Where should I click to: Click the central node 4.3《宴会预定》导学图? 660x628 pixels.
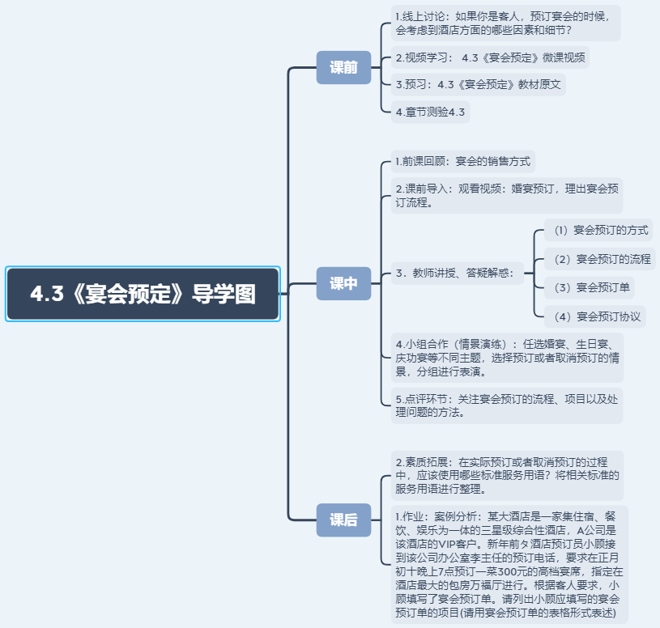(143, 294)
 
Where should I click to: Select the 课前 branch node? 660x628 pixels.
(343, 67)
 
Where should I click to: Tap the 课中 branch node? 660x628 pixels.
(343, 284)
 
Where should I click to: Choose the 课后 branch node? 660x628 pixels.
(343, 520)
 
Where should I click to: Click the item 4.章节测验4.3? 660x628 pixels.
(430, 112)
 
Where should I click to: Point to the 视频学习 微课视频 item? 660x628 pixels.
(492, 57)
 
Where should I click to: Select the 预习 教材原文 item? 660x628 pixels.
(479, 84)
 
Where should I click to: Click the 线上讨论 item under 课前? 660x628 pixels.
(505, 23)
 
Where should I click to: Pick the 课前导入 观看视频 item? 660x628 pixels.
(507, 195)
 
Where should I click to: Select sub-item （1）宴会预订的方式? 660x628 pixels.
(599, 230)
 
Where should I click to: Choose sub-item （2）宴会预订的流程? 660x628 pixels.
(600, 260)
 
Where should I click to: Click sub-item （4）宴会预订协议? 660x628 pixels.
(596, 316)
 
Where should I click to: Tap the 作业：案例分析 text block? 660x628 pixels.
(509, 563)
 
